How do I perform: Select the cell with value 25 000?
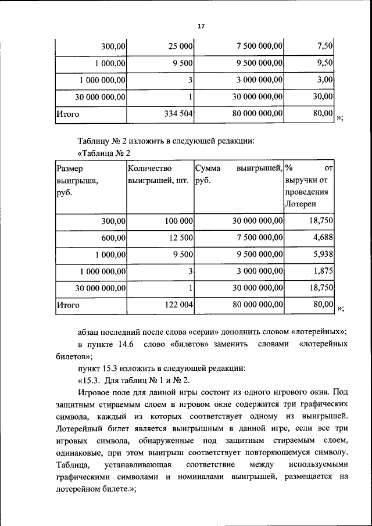(x=181, y=45)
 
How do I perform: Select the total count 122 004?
(x=177, y=304)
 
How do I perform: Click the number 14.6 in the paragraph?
(x=126, y=345)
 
